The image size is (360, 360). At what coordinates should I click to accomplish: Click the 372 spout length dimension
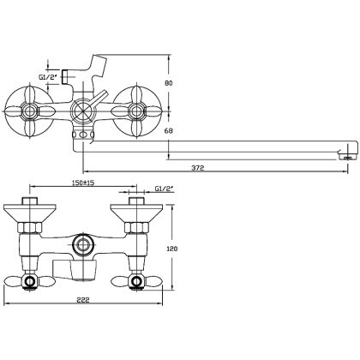198,168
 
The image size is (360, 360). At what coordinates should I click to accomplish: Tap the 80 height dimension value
169,83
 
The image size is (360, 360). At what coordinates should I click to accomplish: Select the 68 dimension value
169,130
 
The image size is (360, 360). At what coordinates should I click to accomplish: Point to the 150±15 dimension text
83,183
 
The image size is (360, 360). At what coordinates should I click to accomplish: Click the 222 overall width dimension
83,300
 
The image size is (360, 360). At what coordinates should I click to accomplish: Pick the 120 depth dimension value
171,249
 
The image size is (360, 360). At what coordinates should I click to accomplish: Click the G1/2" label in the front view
48,76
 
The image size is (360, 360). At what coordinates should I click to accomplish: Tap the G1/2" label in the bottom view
165,189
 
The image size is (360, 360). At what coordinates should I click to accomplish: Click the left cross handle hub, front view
29,111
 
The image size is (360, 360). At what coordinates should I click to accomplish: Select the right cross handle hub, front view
136,111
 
